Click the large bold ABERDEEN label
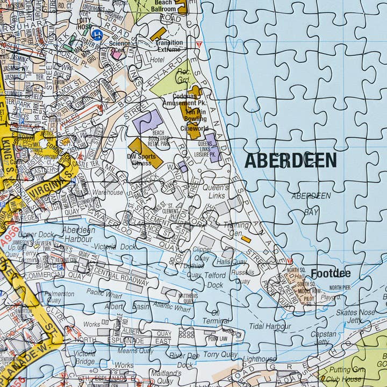click(290, 160)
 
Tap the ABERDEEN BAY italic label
click(311, 204)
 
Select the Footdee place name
click(331, 273)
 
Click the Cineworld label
click(195, 128)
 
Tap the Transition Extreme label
click(169, 46)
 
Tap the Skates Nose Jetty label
click(355, 316)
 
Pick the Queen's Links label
click(216, 191)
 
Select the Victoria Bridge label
click(85, 357)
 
